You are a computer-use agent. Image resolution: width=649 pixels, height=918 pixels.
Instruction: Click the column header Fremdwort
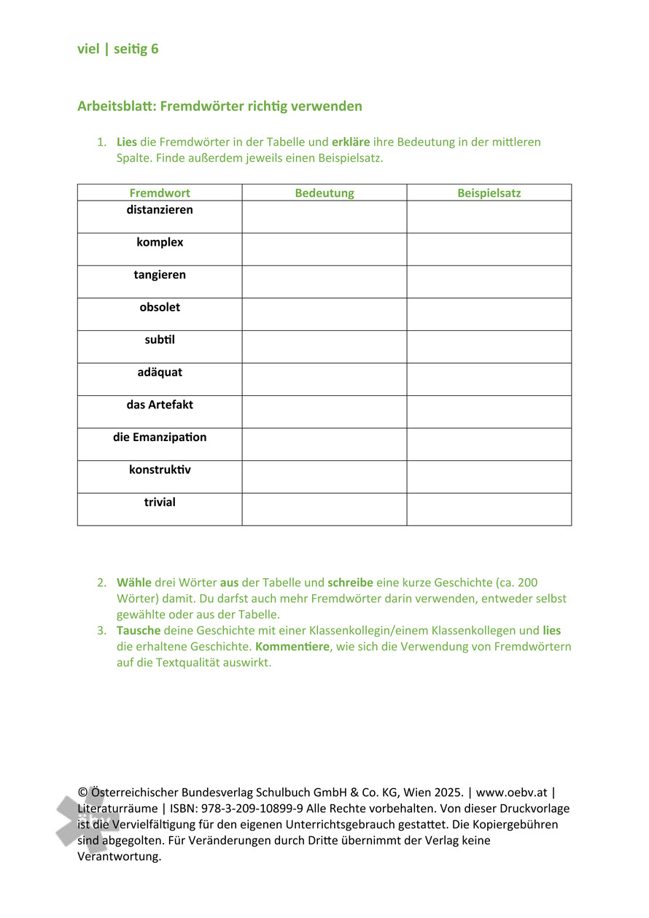click(x=160, y=193)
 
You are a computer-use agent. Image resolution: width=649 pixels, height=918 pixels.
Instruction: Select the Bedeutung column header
click(x=324, y=193)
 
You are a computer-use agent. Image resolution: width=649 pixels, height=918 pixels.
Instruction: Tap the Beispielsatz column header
click(x=489, y=193)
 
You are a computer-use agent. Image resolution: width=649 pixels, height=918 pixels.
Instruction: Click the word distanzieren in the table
click(x=160, y=210)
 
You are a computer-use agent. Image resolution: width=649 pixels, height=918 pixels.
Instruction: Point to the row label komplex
click(x=160, y=242)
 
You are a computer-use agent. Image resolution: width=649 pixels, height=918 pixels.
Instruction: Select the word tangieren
click(x=160, y=275)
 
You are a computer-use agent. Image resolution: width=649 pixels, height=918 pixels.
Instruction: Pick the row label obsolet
click(x=160, y=307)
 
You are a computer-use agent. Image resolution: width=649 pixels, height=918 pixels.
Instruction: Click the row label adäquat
click(x=160, y=372)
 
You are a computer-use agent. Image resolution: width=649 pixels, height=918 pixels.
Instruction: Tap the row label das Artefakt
click(x=160, y=405)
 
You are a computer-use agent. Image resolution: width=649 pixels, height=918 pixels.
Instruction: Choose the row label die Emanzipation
click(x=160, y=437)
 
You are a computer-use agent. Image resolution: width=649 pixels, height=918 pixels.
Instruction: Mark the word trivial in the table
click(x=160, y=502)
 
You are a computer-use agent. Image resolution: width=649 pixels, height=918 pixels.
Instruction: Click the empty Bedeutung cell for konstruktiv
click(x=324, y=477)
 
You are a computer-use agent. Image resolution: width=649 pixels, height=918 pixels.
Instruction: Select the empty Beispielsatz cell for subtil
click(x=489, y=347)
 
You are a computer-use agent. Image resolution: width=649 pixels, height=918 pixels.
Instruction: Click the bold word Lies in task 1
click(x=127, y=142)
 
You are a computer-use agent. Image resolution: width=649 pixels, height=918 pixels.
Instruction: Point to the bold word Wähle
click(x=134, y=583)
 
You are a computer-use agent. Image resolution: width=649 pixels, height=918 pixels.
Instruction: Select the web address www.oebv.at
click(x=511, y=793)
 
